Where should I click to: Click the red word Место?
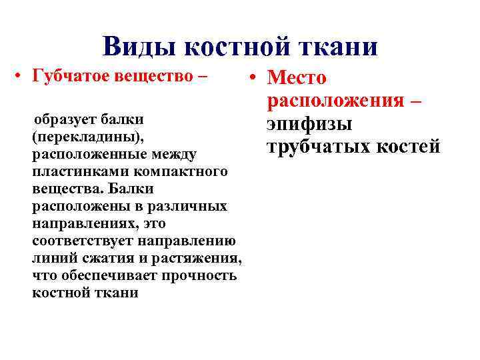click(297, 79)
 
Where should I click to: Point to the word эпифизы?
click(309, 124)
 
